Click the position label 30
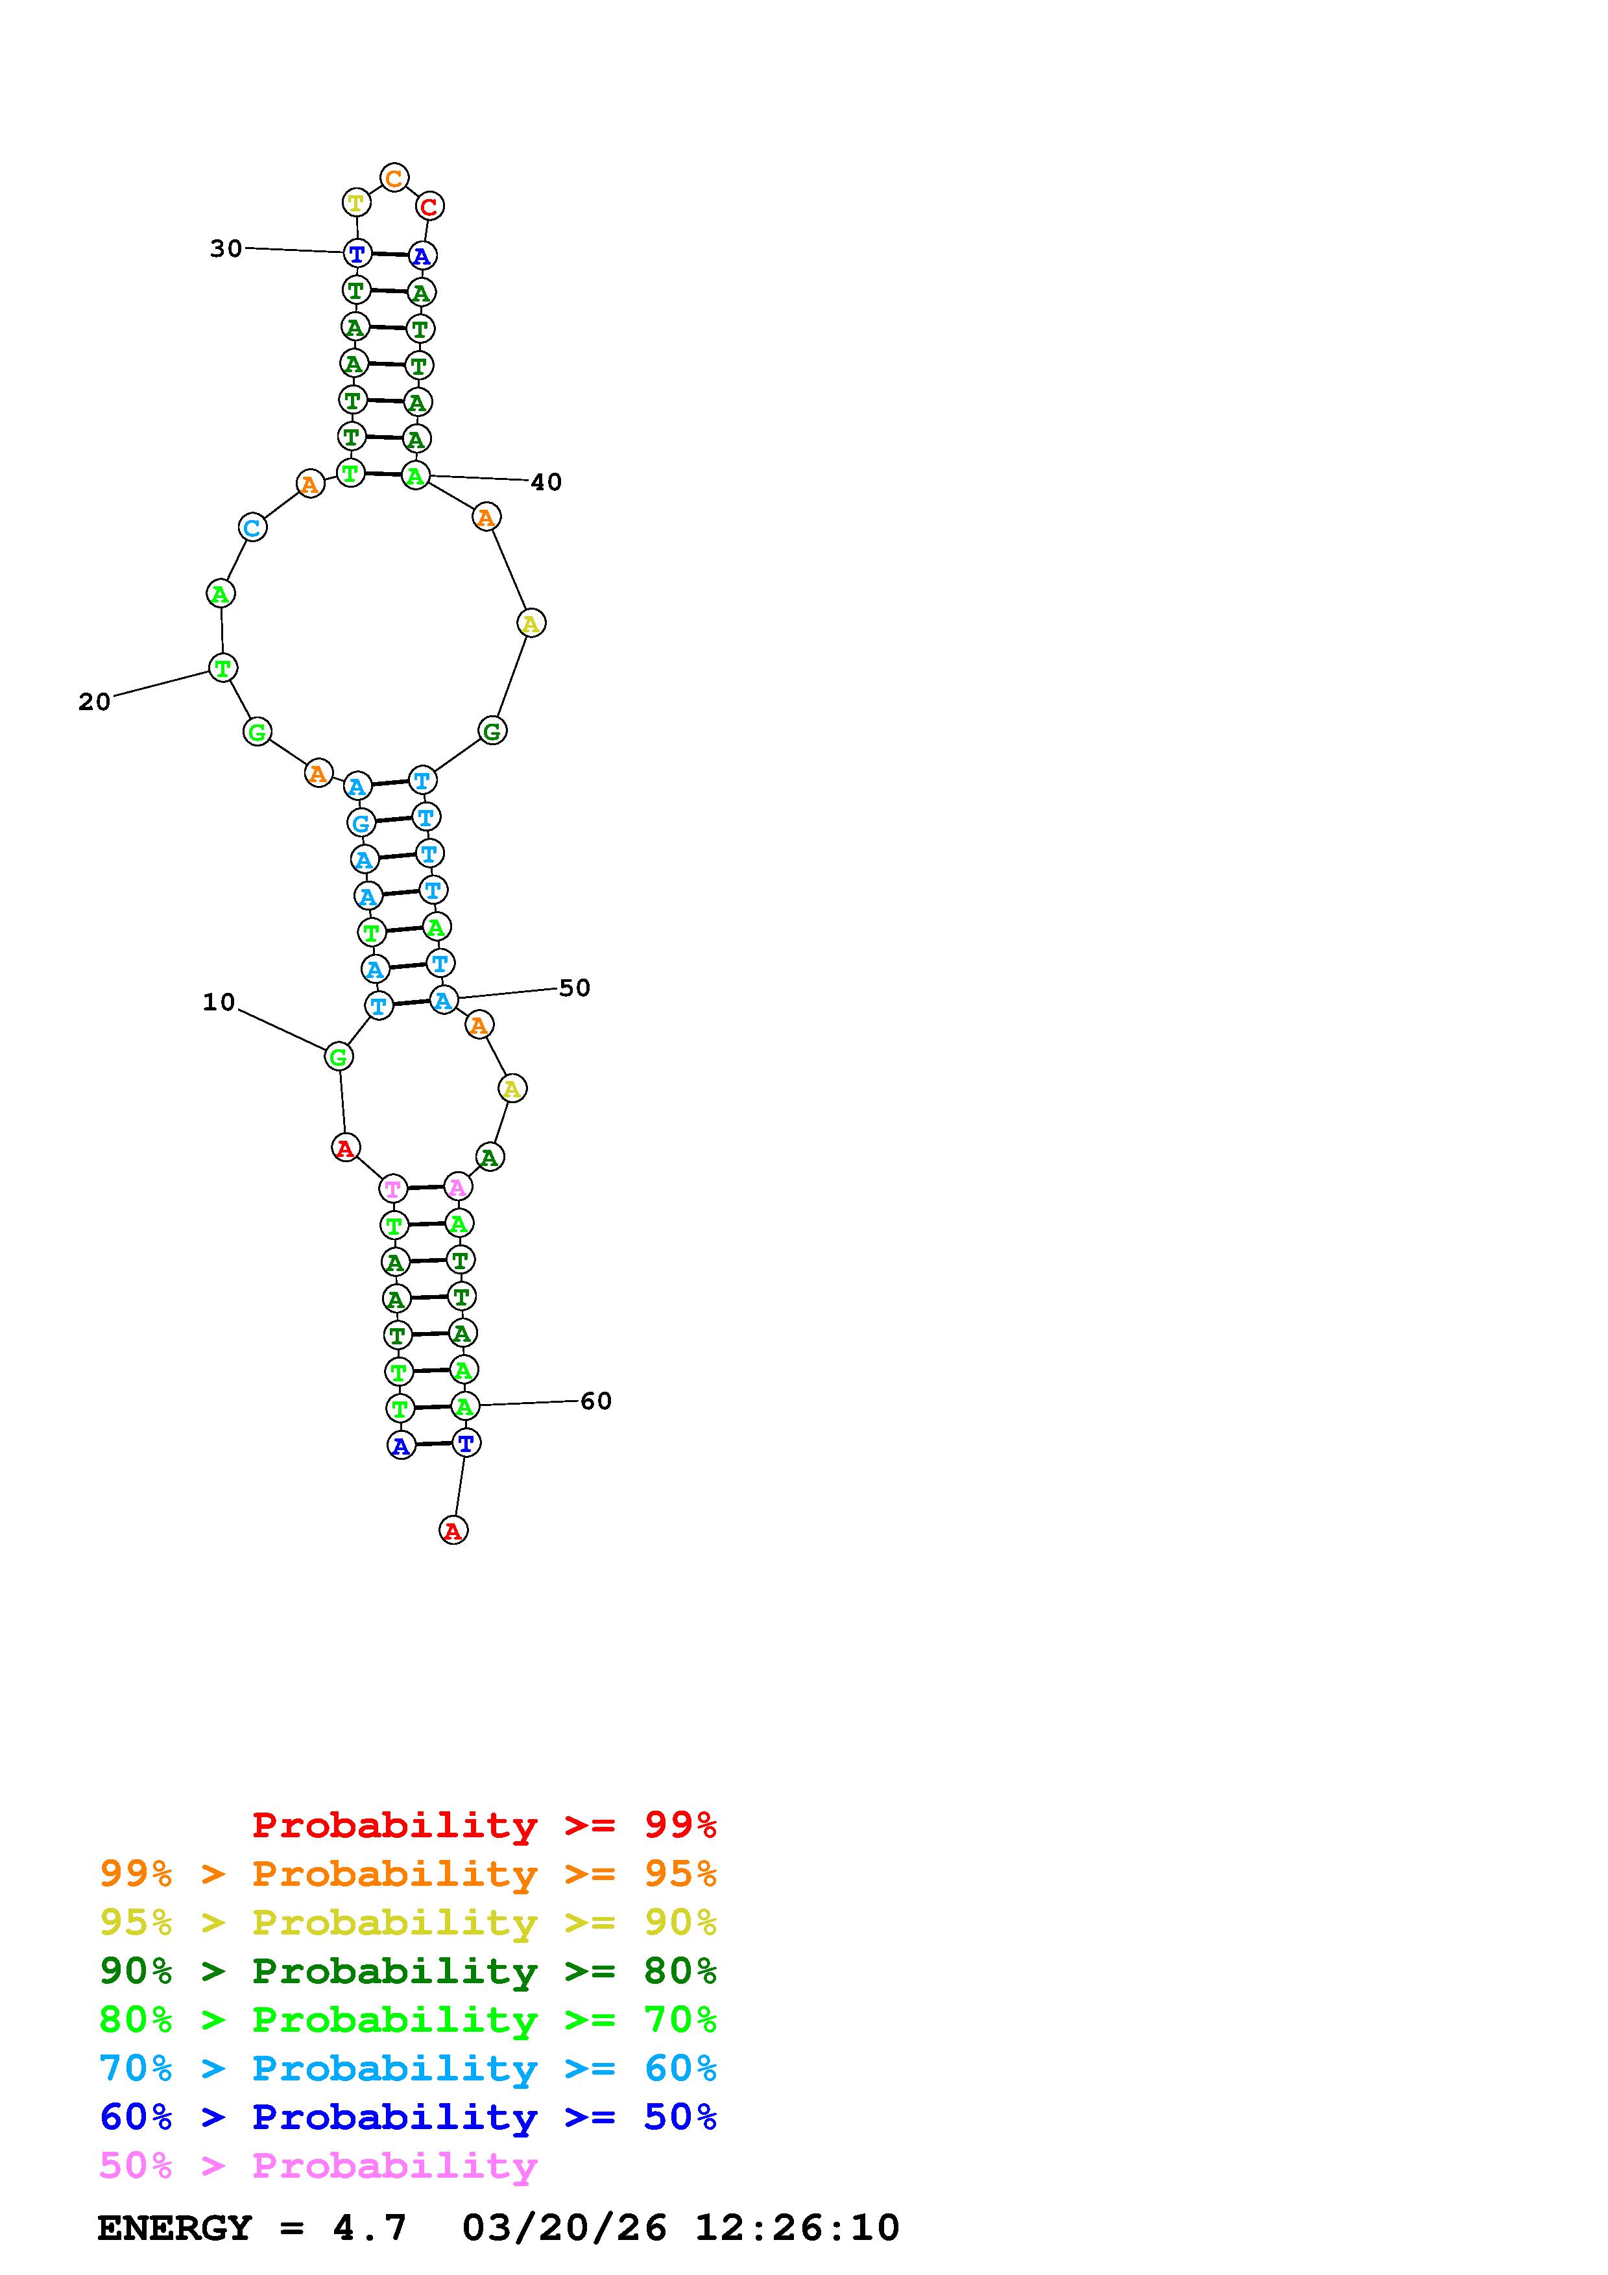226,248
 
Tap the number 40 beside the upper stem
546,482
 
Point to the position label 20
94,702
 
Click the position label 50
575,988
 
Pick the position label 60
595,1401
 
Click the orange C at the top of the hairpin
394,178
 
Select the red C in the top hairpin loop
429,207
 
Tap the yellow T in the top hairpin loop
355,203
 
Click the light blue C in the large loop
252,527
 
